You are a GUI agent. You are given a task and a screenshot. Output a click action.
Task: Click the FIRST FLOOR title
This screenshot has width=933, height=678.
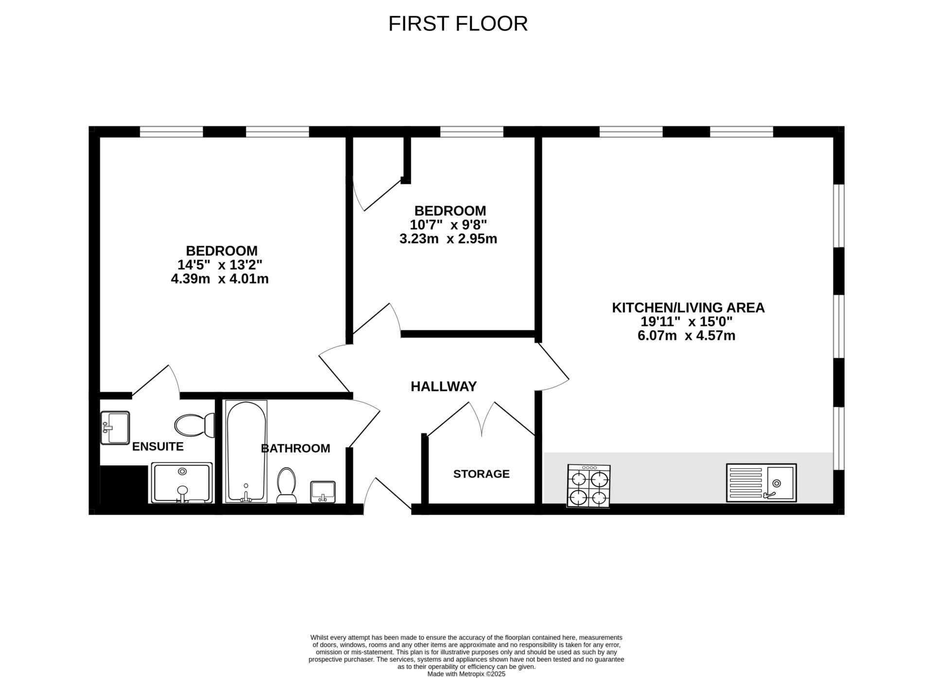click(x=458, y=23)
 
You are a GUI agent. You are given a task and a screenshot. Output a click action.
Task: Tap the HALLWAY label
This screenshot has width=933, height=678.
click(x=444, y=386)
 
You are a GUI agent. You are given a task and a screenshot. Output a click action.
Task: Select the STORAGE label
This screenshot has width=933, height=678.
click(x=482, y=474)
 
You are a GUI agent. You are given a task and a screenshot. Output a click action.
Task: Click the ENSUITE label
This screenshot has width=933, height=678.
click(x=158, y=446)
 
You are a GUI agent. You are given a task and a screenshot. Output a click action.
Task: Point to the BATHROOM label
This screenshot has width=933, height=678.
click(x=295, y=448)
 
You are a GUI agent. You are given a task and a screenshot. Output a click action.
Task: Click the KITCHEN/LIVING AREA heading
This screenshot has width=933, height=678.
click(x=688, y=308)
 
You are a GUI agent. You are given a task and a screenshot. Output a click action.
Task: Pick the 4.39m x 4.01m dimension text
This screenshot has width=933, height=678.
click(x=220, y=279)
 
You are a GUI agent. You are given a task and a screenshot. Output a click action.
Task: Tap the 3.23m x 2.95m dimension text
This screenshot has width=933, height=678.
click(x=448, y=239)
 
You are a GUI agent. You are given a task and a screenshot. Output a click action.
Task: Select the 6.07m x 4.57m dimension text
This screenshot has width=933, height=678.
click(x=686, y=336)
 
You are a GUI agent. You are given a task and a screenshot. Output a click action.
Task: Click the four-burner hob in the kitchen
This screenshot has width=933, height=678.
click(x=589, y=486)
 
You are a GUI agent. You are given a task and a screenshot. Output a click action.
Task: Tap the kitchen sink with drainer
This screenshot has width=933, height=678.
click(x=761, y=482)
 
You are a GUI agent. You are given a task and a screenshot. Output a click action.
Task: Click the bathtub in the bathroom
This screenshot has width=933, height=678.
click(x=246, y=451)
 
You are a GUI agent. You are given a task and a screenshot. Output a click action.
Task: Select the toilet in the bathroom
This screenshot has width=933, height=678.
click(x=286, y=485)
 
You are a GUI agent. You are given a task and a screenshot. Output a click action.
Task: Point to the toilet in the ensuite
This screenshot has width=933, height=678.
click(x=195, y=425)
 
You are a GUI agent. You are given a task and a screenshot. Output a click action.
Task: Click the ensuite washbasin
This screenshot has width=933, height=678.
click(x=115, y=428)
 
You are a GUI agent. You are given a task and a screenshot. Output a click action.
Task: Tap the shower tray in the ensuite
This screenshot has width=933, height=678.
click(x=182, y=483)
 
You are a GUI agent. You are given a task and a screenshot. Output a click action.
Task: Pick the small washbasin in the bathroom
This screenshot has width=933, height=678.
click(x=323, y=492)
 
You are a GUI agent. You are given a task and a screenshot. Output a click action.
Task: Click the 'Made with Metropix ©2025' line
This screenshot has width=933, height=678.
click(x=466, y=674)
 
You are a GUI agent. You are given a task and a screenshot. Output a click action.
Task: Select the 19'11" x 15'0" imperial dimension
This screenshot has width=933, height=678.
click(x=686, y=321)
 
